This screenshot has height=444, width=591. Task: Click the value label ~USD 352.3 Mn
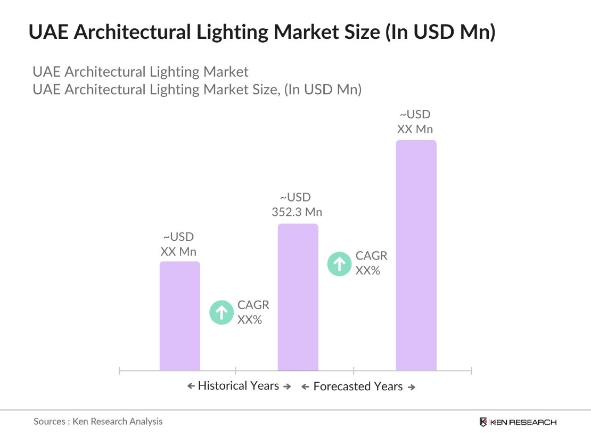pos(297,205)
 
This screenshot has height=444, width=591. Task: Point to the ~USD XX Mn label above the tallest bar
pos(415,122)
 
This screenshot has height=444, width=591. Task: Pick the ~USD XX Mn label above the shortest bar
pos(178,244)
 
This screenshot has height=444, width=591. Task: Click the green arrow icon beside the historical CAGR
pos(221,312)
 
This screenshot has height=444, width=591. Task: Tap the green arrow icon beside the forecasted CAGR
pos(339,263)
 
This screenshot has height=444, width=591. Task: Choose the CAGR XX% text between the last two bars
pos(371,263)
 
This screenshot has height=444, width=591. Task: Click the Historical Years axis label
pos(239,386)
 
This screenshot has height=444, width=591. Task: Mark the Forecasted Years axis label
pos(358,386)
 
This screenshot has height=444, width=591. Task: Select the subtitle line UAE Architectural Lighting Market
pos(141,72)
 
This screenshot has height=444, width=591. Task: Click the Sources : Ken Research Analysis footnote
pos(98,421)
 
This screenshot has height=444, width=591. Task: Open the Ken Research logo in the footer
pos(518,422)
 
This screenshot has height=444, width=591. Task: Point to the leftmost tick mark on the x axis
pos(120,370)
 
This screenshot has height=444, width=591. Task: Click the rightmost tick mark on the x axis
pos(471,370)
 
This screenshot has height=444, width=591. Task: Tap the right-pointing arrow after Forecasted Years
pos(411,388)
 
